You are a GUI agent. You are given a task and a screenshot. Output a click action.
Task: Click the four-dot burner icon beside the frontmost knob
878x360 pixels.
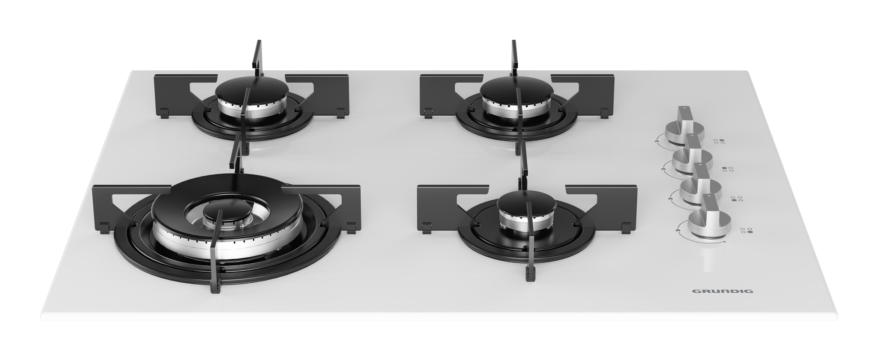tap(746, 231)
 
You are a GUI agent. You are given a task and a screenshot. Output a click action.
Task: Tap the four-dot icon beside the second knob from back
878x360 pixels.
tap(728, 169)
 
